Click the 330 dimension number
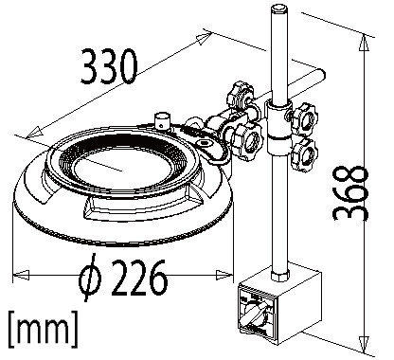pyautogui.click(x=109, y=66)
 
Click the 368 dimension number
pyautogui.click(x=350, y=192)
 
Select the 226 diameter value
pyautogui.click(x=139, y=278)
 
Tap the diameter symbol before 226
pyautogui.click(x=90, y=277)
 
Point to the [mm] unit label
pyautogui.click(x=43, y=329)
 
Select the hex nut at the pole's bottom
pyautogui.click(x=280, y=274)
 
